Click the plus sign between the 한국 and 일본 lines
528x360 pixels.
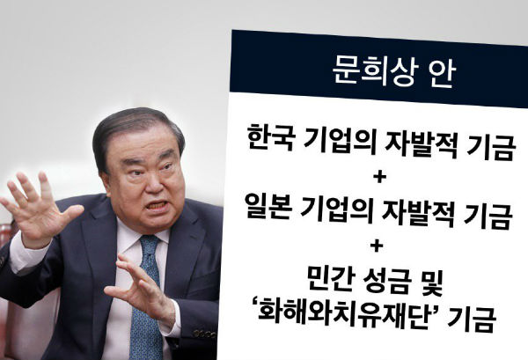coord(379,177)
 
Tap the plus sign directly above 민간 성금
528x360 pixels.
coord(377,246)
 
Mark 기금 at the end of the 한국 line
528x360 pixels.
coord(491,148)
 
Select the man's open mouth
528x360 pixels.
coord(157,205)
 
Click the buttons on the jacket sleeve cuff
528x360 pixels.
coord(205,334)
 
